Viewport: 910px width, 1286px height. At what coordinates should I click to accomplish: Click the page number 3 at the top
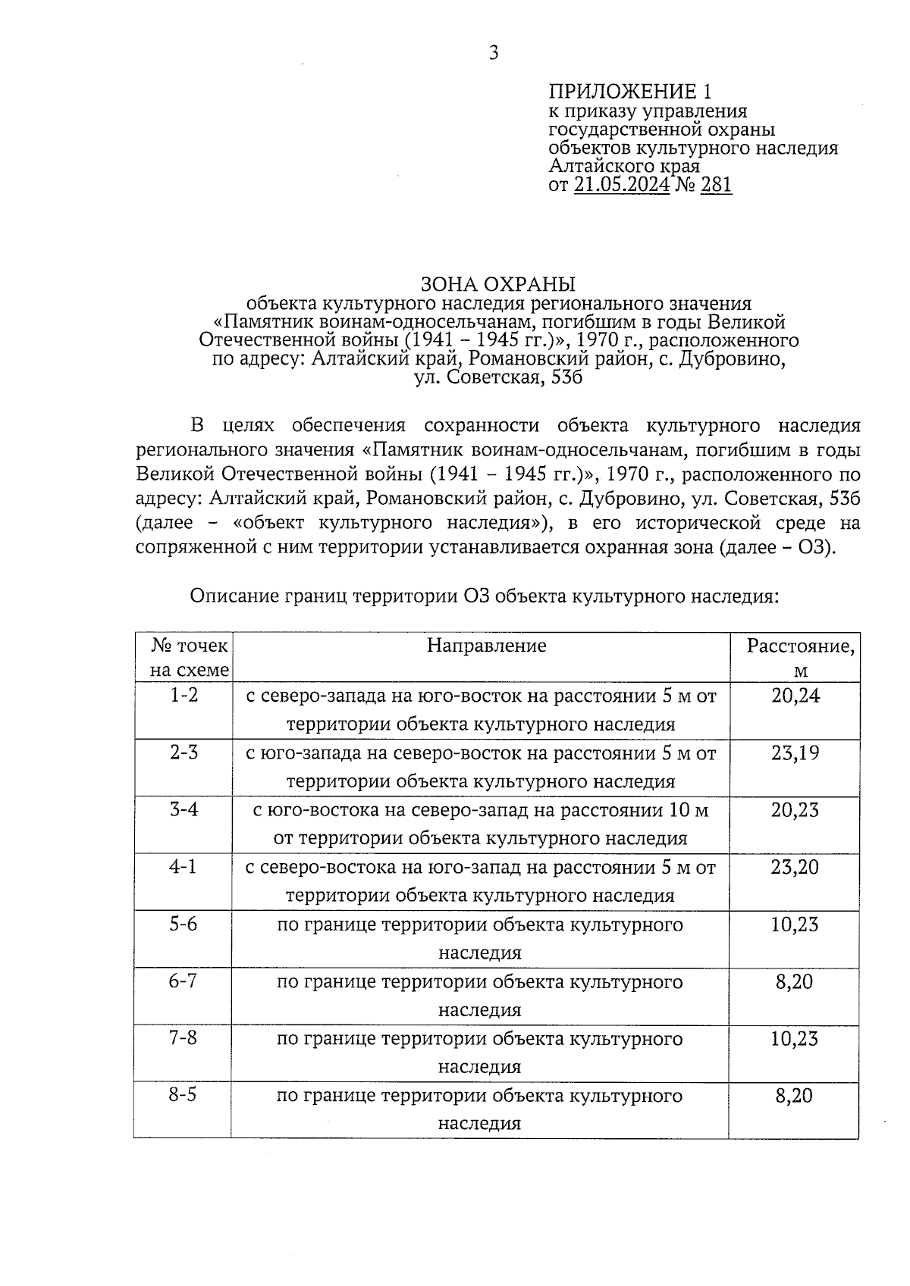pos(494,53)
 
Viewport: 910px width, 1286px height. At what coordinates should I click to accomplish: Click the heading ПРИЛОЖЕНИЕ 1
pos(630,92)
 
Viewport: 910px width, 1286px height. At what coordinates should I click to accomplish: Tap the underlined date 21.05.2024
pos(622,185)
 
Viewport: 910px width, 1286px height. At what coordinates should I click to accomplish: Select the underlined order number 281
pos(717,185)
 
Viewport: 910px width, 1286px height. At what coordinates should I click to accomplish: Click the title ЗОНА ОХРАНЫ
pos(498,285)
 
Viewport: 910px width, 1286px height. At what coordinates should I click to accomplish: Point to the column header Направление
pos(486,646)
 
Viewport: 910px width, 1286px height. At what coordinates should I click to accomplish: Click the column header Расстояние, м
pos(800,658)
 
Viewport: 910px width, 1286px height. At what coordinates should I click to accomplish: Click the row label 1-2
pos(184,695)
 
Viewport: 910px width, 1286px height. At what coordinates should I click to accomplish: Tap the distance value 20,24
pos(795,695)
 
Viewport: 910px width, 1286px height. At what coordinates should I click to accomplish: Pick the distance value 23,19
pos(795,753)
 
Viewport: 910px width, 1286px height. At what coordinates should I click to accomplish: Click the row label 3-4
pos(184,809)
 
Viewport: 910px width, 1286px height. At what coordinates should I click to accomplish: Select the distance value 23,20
pos(795,867)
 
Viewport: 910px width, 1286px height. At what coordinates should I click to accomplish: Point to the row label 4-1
pos(183,867)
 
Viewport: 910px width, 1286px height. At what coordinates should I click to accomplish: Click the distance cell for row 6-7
pos(794,982)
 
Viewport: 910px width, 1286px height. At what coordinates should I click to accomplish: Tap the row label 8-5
pos(183,1096)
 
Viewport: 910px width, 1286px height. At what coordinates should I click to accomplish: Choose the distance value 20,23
pos(795,810)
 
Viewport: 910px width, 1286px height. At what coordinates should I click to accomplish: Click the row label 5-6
pos(183,925)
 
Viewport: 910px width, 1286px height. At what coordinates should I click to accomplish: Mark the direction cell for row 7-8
pos(479,1053)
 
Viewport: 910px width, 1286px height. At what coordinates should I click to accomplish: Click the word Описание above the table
pos(234,596)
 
